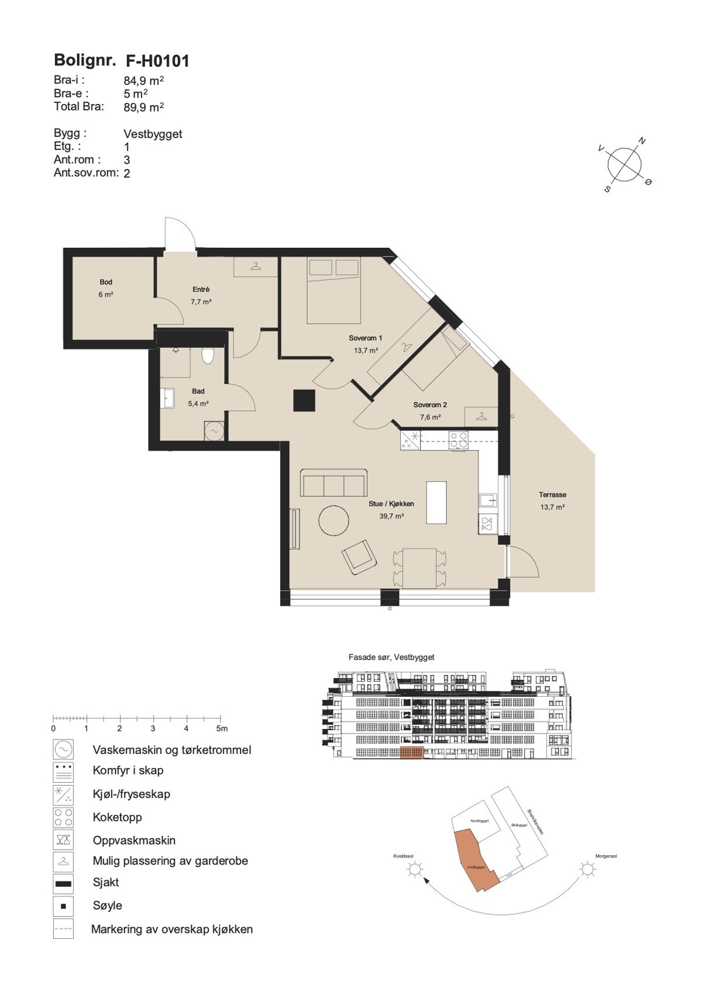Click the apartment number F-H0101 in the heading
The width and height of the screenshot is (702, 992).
pyautogui.click(x=157, y=61)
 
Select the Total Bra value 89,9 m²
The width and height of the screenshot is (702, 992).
pyautogui.click(x=143, y=107)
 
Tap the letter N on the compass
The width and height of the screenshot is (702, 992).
pyautogui.click(x=642, y=141)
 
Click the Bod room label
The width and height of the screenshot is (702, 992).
pyautogui.click(x=106, y=282)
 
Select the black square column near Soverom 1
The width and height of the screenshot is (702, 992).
pyautogui.click(x=304, y=400)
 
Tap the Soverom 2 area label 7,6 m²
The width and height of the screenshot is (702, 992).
pyautogui.click(x=430, y=417)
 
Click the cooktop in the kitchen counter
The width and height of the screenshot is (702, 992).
pyautogui.click(x=457, y=440)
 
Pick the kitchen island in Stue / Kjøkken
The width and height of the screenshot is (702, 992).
pyautogui.click(x=436, y=503)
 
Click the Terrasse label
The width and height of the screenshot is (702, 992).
pyautogui.click(x=552, y=495)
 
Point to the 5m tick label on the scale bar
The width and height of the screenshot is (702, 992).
pyautogui.click(x=222, y=729)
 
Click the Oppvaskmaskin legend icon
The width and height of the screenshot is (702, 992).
pyautogui.click(x=63, y=841)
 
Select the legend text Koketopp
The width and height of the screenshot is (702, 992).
pyautogui.click(x=117, y=817)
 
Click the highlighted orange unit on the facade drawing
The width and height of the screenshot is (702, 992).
pyautogui.click(x=411, y=753)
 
